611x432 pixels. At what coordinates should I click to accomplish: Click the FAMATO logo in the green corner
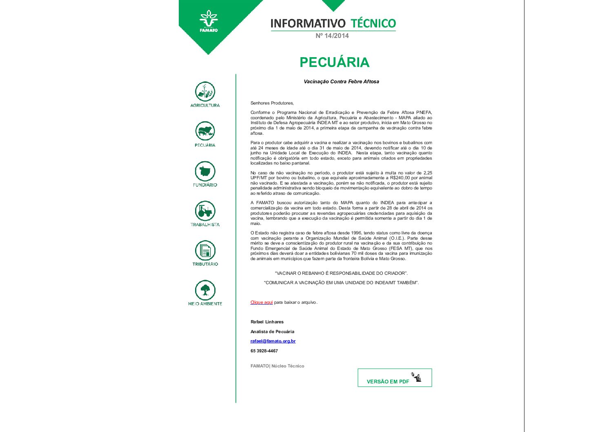click(209, 21)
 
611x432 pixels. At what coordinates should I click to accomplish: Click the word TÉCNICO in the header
click(373, 23)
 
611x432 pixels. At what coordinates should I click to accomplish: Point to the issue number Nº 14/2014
click(332, 36)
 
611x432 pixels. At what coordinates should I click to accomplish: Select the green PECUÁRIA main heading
click(334, 62)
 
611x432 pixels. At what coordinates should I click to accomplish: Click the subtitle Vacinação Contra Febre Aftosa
click(341, 82)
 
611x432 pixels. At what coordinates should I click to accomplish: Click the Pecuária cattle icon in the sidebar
click(205, 131)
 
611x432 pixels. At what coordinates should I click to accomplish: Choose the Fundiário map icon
click(205, 171)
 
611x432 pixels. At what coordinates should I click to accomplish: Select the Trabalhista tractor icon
click(205, 211)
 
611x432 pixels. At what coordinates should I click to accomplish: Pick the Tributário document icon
click(205, 250)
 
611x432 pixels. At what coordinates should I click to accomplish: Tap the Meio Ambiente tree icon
click(205, 290)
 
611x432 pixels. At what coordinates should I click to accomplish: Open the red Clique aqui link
click(262, 303)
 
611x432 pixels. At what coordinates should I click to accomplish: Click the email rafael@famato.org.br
click(273, 341)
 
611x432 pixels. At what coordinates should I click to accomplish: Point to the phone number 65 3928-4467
click(264, 351)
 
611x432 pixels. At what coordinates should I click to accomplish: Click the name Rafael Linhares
click(267, 322)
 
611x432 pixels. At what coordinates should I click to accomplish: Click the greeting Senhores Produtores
click(272, 103)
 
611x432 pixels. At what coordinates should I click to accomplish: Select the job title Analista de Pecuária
click(272, 332)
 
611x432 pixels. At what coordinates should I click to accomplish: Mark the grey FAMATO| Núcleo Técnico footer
click(277, 366)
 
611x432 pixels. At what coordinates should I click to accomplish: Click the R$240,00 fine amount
click(400, 178)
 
